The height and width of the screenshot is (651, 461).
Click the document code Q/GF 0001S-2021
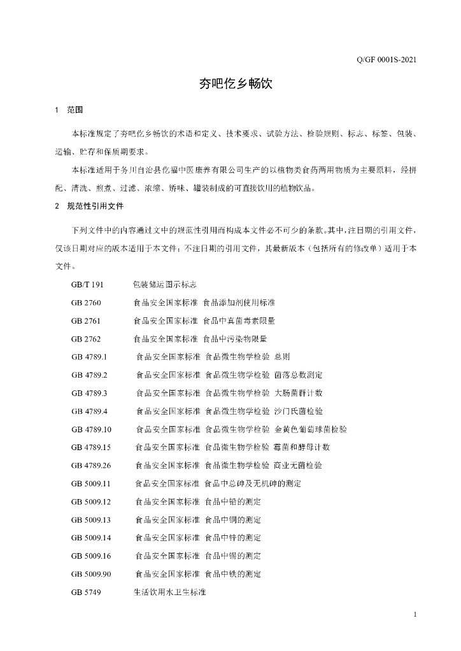387,60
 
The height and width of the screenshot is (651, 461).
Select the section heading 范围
74,111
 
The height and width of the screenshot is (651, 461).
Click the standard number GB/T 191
87,284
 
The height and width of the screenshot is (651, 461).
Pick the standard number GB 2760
86,303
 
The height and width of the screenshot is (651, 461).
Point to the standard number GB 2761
86,320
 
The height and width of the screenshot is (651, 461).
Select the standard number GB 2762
86,339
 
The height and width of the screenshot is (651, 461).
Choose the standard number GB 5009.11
92,484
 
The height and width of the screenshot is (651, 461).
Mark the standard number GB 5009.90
92,574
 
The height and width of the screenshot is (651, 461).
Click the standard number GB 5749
86,593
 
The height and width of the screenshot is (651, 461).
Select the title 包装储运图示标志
164,284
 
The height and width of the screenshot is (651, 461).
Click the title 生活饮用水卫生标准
169,593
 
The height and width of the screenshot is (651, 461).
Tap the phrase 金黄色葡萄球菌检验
310,429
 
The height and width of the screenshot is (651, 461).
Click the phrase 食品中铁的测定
233,574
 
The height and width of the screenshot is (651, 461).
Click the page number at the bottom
415,615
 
